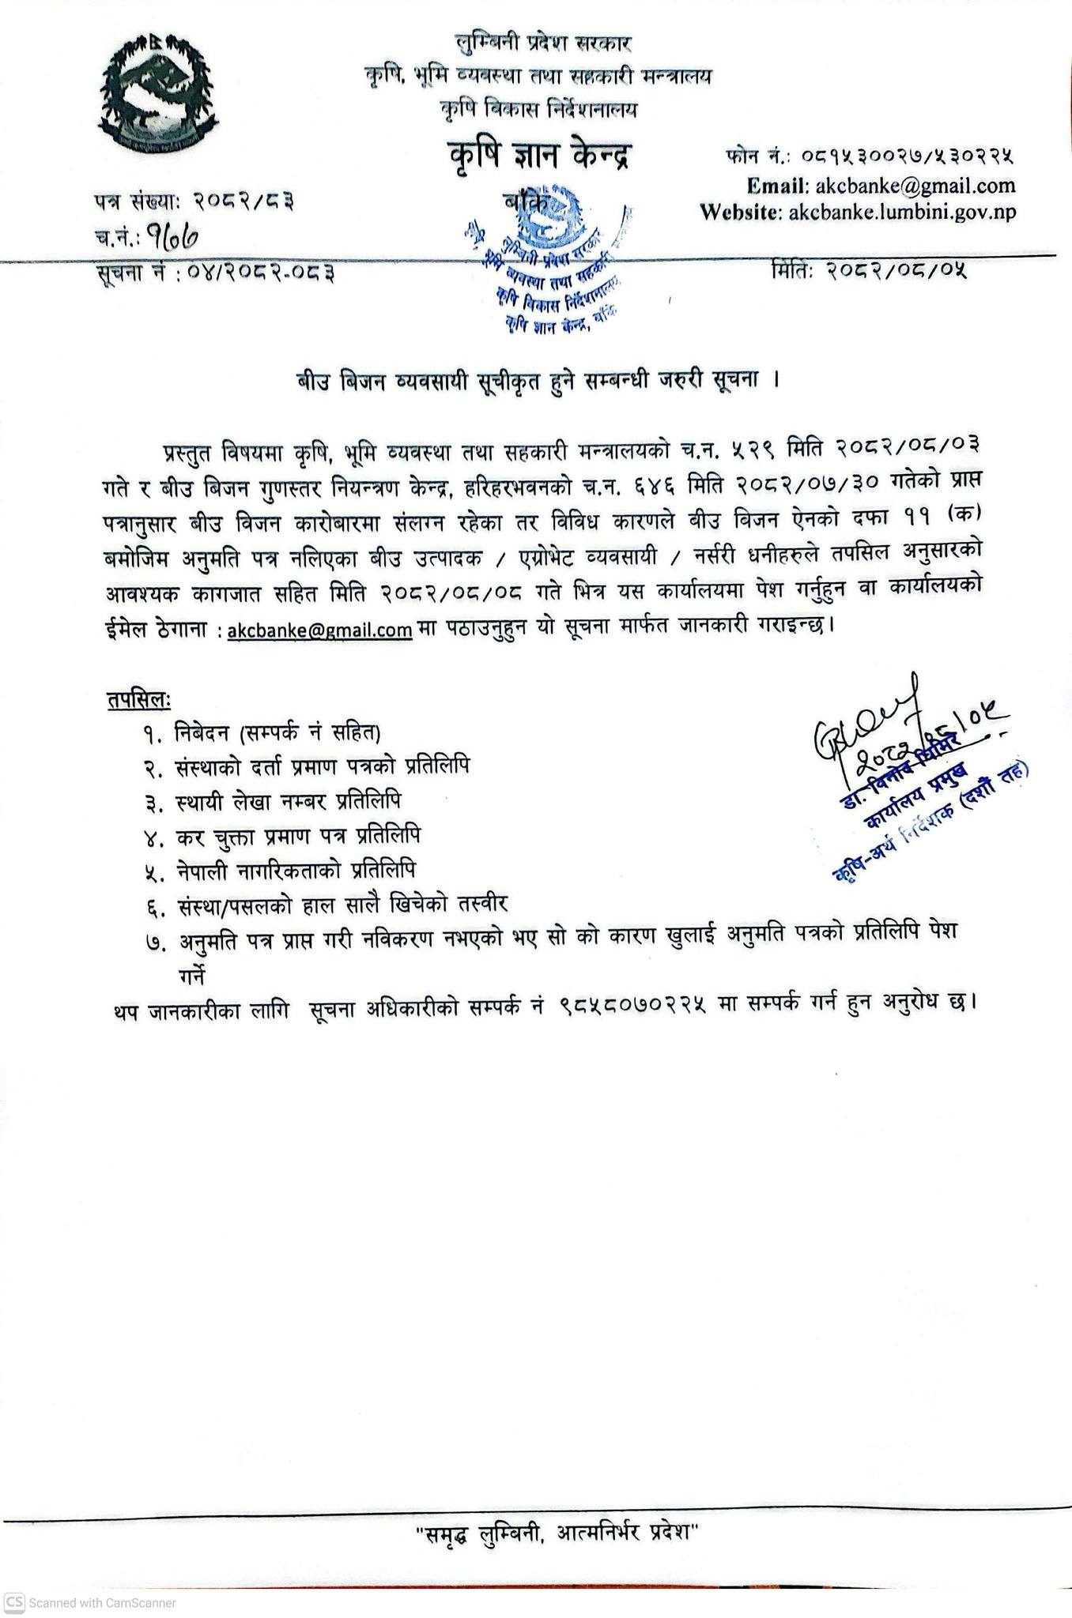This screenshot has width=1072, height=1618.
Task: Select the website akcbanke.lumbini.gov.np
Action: pos(902,212)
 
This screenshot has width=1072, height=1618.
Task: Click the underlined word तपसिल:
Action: pos(139,700)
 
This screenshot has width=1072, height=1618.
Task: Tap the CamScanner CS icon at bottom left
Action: pos(13,1602)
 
